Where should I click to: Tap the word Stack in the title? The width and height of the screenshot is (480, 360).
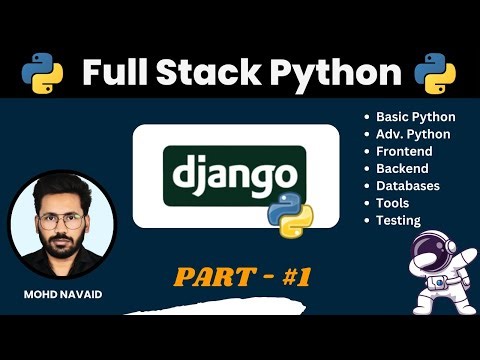coord(209,74)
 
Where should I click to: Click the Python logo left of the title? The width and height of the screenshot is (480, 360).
coord(42,73)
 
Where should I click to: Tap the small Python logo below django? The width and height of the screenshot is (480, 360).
coord(290,211)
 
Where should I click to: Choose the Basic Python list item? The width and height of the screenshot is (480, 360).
coord(413,116)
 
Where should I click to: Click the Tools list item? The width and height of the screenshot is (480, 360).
coord(392,203)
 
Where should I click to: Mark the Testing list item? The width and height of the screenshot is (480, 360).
coord(397,220)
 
